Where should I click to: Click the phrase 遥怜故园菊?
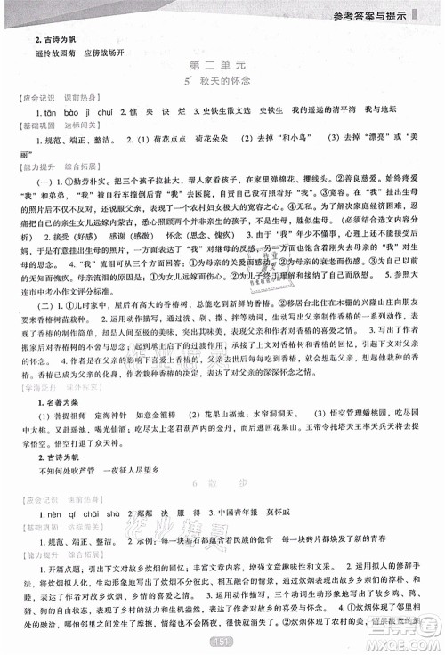pyautogui.click(x=58, y=51)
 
